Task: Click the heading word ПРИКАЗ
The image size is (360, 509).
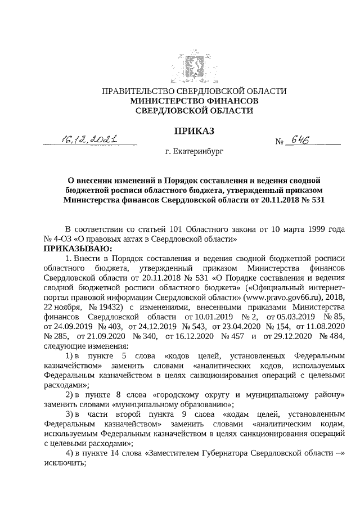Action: (x=195, y=132)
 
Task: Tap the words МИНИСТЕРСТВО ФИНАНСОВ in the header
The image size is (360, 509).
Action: (x=195, y=101)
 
